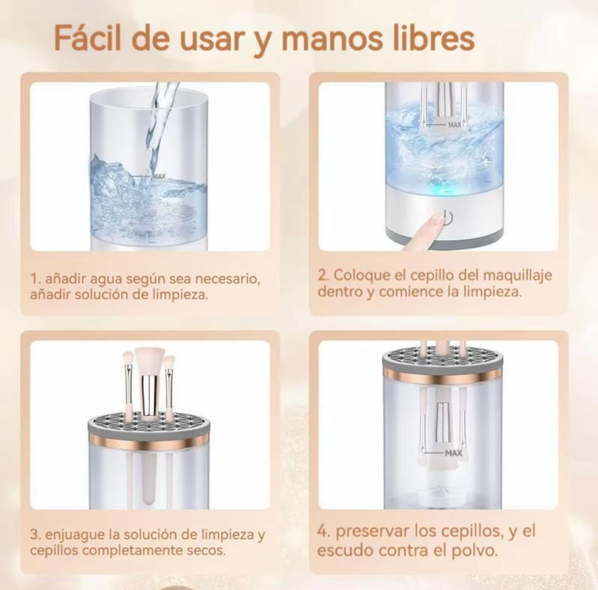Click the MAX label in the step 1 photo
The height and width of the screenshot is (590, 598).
[x=159, y=176]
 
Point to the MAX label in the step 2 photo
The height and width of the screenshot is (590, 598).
[x=455, y=125]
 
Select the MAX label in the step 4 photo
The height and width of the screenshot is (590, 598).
[x=453, y=453]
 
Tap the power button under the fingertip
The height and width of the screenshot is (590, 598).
[x=448, y=218]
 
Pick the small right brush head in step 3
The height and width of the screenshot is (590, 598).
[x=170, y=362]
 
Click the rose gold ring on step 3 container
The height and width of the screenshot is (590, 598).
[x=149, y=441]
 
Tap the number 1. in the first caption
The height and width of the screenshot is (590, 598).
[x=36, y=279]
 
